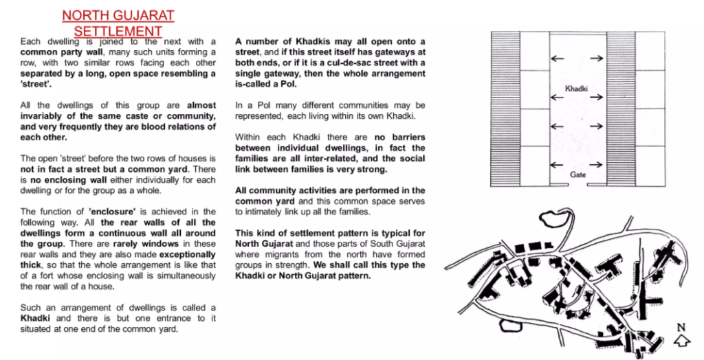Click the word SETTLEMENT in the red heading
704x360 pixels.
click(118, 31)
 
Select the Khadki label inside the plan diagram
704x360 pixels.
click(577, 90)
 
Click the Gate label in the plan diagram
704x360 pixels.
click(577, 175)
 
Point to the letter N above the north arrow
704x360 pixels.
click(681, 328)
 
